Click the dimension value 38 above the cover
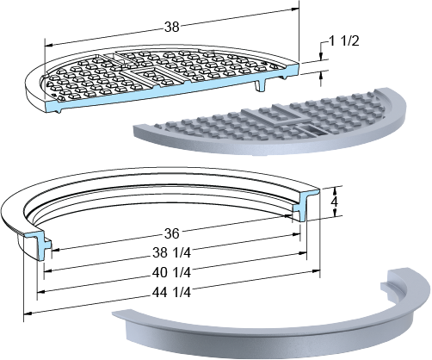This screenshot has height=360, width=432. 172,27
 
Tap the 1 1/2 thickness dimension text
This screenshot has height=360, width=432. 344,41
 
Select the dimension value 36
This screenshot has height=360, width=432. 171,233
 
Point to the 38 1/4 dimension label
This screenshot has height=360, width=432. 171,252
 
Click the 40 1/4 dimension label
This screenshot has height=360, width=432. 171,272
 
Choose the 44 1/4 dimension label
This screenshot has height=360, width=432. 171,292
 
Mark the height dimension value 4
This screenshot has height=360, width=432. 334,202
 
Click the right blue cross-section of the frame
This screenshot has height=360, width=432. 305,204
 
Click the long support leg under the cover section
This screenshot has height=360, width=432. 261,85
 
